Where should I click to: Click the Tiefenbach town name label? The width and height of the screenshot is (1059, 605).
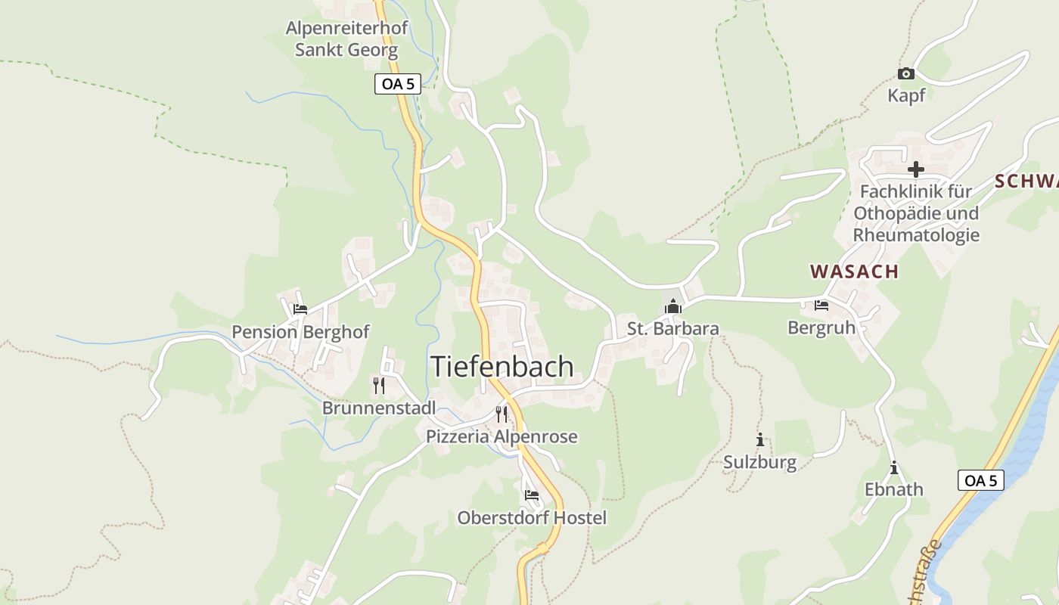502,367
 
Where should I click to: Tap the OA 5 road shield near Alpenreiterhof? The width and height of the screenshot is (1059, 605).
397,84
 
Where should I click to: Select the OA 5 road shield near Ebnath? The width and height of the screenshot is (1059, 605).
981,480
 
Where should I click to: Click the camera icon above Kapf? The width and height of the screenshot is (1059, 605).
905,73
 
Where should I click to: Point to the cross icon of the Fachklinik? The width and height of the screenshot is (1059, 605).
916,169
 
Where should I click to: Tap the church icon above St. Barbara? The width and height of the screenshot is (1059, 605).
672,306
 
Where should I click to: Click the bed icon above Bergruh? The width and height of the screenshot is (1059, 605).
821,306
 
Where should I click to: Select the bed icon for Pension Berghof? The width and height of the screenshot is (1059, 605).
300,309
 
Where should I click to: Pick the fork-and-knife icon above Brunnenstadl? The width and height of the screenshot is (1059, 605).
379,386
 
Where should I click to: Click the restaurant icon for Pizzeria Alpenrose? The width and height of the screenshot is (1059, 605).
502,414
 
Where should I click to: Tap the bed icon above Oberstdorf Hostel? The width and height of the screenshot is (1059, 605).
532,495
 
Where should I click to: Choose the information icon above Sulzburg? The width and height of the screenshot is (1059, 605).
760,440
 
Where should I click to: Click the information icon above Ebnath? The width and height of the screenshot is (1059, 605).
894,468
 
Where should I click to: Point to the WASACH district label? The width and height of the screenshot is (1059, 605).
854,271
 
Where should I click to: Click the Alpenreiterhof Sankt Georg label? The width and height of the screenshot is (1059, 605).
346,39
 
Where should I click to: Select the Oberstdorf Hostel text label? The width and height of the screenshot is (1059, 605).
532,518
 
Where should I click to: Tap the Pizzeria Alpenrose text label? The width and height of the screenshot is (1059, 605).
502,436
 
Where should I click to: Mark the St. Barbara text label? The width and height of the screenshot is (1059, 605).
672,329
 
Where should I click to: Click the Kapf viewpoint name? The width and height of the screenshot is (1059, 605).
906,96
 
